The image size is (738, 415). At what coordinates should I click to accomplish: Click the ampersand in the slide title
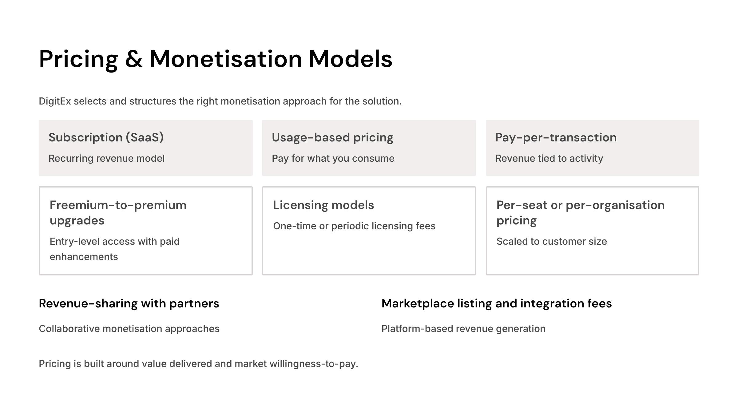click(134, 59)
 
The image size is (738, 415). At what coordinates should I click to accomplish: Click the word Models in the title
click(351, 59)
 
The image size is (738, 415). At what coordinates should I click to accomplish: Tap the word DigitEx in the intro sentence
click(55, 101)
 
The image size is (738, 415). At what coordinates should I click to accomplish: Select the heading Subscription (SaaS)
click(106, 137)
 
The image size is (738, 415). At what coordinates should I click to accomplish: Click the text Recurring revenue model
click(107, 158)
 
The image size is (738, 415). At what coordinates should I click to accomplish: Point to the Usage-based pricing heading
click(332, 137)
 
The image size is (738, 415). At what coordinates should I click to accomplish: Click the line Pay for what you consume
click(333, 158)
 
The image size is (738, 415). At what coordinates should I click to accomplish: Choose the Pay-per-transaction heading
click(556, 137)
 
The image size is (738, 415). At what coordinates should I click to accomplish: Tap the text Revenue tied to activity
click(549, 158)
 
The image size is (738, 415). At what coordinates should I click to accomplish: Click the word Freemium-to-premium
click(118, 205)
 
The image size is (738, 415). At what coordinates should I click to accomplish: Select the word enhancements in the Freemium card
click(84, 257)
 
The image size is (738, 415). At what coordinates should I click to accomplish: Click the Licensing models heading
click(323, 205)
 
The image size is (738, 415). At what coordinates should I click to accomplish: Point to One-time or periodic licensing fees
click(354, 226)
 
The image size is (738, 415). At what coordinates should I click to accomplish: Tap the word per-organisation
click(615, 205)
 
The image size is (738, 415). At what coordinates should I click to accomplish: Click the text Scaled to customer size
click(552, 241)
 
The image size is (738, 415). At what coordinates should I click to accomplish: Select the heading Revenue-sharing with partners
click(129, 303)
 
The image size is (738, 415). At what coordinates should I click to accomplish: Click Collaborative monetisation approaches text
click(129, 329)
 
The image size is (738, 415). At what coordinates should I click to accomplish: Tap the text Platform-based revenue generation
click(463, 329)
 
